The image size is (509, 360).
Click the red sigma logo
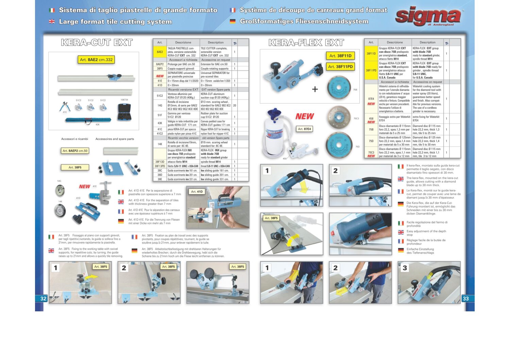point(428,17)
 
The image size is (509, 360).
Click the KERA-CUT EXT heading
point(97,43)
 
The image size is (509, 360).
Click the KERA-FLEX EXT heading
point(306,43)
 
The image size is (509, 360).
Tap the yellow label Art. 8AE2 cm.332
point(96,60)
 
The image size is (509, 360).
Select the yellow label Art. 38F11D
point(340,55)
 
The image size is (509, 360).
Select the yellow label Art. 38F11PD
point(340,67)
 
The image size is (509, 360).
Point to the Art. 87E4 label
point(304,129)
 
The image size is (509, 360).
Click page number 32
point(43,298)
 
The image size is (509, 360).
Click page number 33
point(465,298)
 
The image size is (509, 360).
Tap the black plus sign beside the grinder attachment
point(315,89)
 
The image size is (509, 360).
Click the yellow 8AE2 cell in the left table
point(159,52)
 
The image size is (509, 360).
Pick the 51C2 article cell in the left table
point(159,96)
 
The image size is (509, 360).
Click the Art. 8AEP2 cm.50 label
point(75,151)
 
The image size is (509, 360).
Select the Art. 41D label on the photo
point(197,192)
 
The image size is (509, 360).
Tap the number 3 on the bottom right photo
point(405,268)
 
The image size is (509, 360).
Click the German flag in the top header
point(233,21)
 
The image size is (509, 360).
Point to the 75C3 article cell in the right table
point(371,154)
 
